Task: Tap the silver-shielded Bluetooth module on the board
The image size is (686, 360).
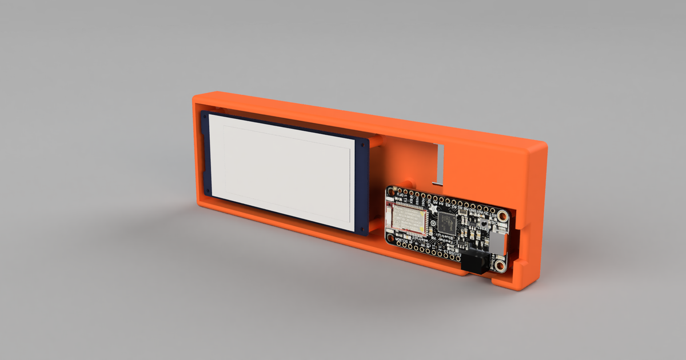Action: pyautogui.click(x=408, y=218)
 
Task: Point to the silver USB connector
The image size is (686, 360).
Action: pyautogui.click(x=498, y=243)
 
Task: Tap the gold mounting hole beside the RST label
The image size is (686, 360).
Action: pyautogui.click(x=502, y=215)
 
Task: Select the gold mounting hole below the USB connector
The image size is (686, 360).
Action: pyautogui.click(x=500, y=265)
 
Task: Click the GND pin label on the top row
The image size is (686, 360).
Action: pyautogui.click(x=472, y=210)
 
